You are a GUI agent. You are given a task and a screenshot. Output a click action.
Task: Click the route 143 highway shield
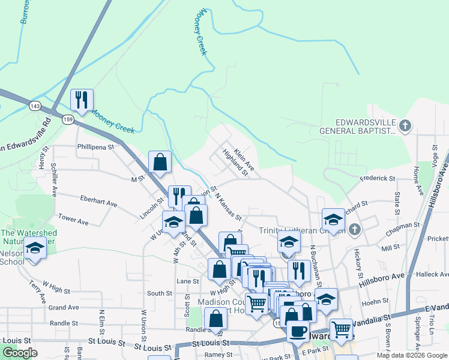click(x=35, y=106)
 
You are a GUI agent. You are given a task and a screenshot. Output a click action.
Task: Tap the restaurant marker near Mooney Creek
click(x=82, y=100)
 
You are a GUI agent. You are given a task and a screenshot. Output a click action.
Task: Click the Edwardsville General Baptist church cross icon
click(x=406, y=125)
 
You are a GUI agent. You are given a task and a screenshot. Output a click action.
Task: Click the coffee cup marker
click(x=298, y=331)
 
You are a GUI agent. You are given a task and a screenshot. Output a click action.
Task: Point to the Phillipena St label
click(x=95, y=146)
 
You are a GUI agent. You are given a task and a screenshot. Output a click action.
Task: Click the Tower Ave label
click(x=73, y=221)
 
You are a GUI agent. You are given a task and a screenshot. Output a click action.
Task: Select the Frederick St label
click(x=378, y=178)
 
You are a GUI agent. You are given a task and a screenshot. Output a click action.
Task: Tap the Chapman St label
click(x=403, y=226)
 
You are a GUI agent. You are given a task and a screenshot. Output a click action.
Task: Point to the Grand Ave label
click(x=64, y=308)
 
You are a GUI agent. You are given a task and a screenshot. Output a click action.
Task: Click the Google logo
click(x=20, y=353)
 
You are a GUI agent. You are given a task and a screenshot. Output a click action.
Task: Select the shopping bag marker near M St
click(x=160, y=161)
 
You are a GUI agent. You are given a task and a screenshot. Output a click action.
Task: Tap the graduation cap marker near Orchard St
click(x=333, y=218)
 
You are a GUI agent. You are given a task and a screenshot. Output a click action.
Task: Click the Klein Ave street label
click(x=244, y=157)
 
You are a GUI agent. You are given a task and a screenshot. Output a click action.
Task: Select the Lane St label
click(x=187, y=281)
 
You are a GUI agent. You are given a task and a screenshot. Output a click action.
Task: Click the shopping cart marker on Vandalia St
click(x=341, y=328)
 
